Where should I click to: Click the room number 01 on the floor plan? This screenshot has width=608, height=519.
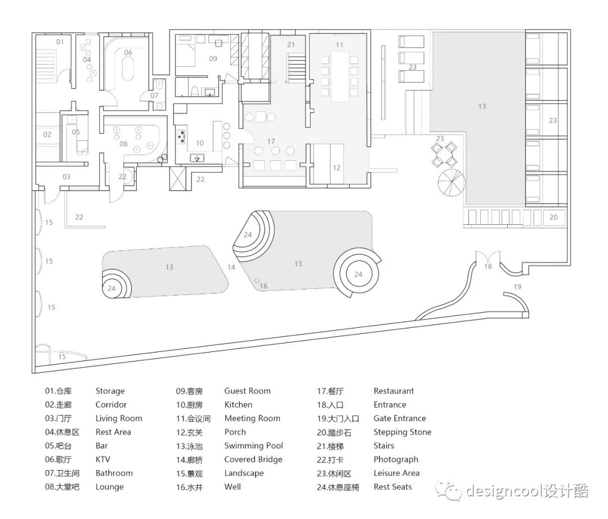tap(60, 42)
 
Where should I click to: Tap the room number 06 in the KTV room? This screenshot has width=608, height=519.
tap(128, 52)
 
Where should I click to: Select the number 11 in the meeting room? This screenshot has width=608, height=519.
tap(339, 44)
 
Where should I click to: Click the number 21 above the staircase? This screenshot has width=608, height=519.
tap(291, 44)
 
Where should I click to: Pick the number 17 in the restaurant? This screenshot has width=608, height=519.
tap(271, 141)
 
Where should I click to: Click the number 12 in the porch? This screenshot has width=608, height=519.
tap(337, 168)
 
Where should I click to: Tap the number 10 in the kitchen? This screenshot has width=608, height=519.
tap(200, 143)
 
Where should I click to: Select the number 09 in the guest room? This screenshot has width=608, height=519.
tap(213, 58)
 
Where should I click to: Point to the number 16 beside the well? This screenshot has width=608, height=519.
tap(263, 286)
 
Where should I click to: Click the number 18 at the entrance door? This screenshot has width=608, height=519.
tap(488, 266)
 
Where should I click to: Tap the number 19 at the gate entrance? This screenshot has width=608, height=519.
tap(517, 287)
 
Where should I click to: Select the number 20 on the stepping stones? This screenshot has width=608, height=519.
tap(553, 217)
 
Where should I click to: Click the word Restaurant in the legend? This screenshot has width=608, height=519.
tap(394, 391)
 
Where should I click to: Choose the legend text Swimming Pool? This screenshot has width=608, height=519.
tap(253, 446)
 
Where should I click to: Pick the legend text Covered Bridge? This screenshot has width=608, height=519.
tap(253, 459)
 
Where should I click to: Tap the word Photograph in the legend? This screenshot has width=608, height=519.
tap(396, 459)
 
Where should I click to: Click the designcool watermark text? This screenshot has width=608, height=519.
tap(526, 491)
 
